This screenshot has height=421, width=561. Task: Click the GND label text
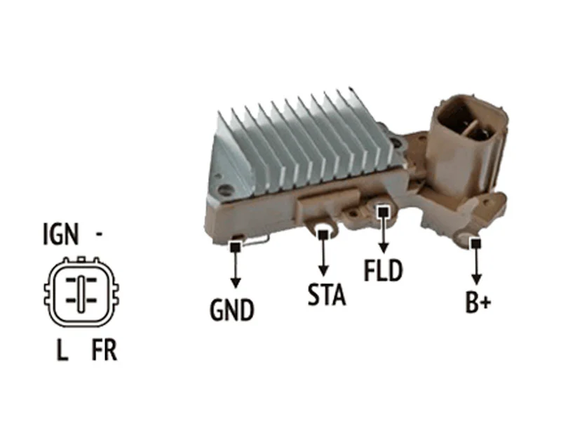232,309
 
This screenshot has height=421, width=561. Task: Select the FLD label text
383,270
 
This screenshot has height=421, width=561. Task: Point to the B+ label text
478,302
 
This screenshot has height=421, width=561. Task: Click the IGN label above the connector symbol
60,234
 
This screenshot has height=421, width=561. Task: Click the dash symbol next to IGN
99,234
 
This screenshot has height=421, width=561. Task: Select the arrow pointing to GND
235,269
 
